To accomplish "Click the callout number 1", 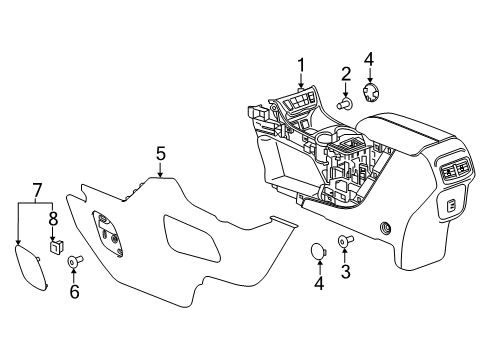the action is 301,65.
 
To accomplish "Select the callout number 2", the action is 346,74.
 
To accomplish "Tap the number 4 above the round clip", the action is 369,59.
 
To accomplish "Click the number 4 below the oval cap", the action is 319,283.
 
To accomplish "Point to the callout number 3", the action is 346,271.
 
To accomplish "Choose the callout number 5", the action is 161,154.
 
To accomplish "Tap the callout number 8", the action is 53,219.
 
